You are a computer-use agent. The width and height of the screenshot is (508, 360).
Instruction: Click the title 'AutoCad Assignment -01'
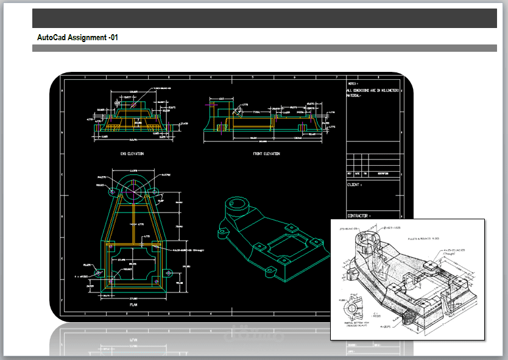click(x=77, y=38)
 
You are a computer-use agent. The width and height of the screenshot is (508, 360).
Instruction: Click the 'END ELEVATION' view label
click(x=132, y=154)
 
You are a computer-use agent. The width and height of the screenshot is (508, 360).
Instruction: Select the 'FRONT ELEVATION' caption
click(x=266, y=154)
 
